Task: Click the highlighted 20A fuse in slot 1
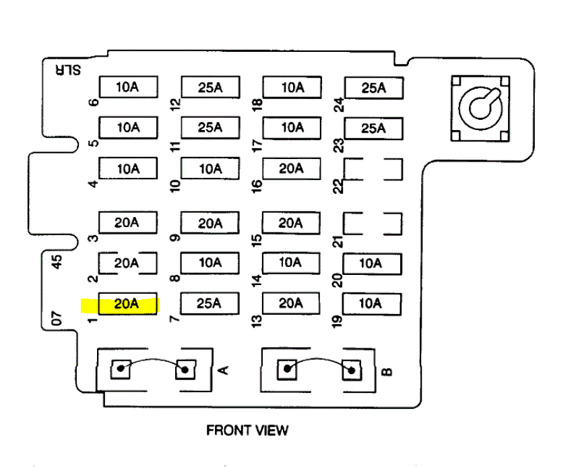click(x=127, y=305)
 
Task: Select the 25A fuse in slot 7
click(x=209, y=304)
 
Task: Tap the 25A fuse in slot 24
click(x=373, y=88)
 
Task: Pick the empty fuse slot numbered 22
click(x=373, y=169)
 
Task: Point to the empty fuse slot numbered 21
click(x=373, y=223)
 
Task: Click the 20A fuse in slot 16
click(x=291, y=168)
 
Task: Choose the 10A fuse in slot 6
click(x=128, y=87)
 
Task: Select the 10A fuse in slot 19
click(x=371, y=304)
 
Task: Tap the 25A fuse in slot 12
click(x=210, y=87)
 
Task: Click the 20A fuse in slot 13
click(x=291, y=304)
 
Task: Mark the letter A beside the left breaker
click(x=225, y=369)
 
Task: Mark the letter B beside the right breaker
click(x=387, y=371)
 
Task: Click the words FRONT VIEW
click(x=247, y=429)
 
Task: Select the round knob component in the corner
click(x=479, y=107)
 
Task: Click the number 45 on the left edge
click(x=57, y=261)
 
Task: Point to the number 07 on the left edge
click(x=57, y=317)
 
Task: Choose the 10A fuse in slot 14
click(x=291, y=262)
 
